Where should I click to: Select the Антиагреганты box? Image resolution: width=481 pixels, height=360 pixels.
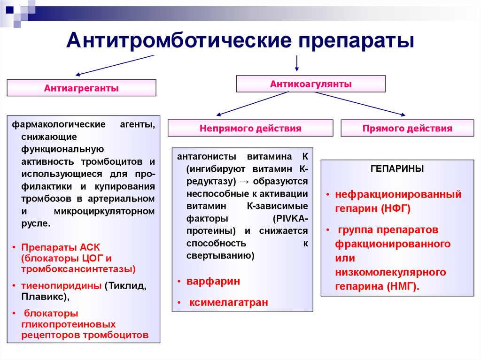click(81, 88)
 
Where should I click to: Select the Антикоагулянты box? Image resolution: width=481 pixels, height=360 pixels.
click(310, 84)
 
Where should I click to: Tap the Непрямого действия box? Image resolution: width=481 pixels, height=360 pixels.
click(250, 128)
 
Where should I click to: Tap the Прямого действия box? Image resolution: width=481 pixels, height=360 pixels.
click(407, 128)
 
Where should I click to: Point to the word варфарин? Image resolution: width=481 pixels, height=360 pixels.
click(213, 281)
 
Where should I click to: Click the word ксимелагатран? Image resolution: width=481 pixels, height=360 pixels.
click(229, 303)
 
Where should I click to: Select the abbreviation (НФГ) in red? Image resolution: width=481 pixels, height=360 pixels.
click(395, 209)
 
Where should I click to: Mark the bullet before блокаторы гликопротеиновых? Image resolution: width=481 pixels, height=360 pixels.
click(14, 313)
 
